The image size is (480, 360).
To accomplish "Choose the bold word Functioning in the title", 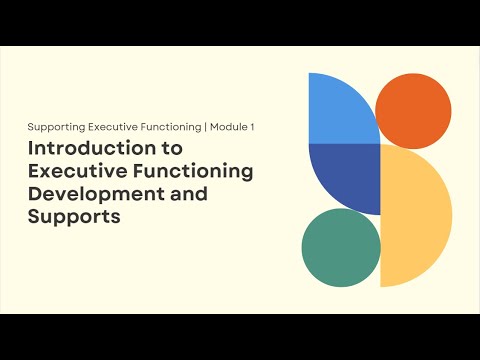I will [192, 171].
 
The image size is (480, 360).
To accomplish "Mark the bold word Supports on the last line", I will [74, 217].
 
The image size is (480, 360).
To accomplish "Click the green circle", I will [341, 247].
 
